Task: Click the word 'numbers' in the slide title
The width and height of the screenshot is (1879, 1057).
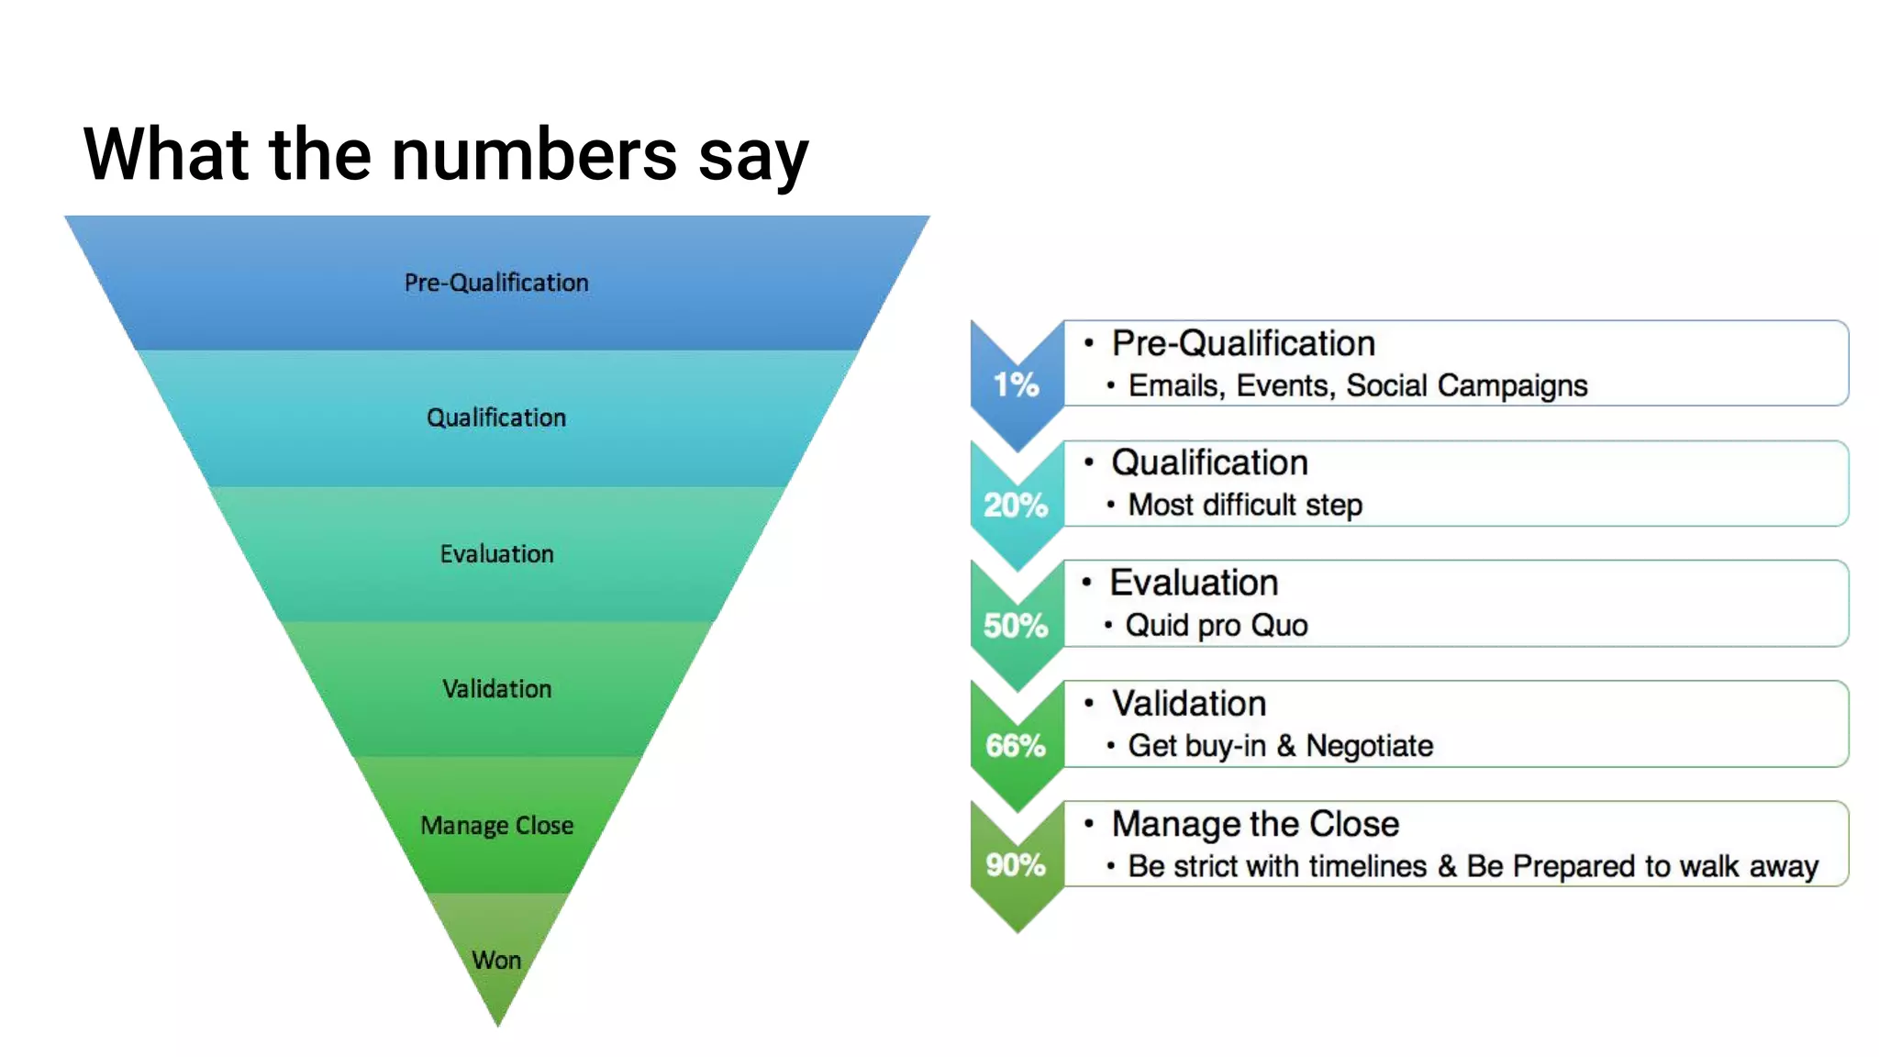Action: tap(534, 154)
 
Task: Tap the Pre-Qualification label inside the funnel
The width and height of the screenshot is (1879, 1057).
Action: tap(496, 283)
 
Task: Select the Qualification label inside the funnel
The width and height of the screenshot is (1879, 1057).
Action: tap(496, 417)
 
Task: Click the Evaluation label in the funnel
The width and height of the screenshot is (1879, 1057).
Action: tap(496, 554)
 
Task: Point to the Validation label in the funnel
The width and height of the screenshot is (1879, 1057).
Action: tap(496, 689)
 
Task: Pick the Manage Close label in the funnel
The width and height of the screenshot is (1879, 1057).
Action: tap(496, 825)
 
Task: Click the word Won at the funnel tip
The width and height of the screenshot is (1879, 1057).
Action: tap(496, 960)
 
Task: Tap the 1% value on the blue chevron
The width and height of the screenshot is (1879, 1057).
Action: tap(1016, 384)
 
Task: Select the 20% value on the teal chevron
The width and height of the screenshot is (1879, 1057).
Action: tap(1016, 505)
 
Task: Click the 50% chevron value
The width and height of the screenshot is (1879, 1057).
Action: tap(1016, 626)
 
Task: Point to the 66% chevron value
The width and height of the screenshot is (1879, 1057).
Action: tap(1016, 745)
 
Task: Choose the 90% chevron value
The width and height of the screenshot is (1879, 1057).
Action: tap(1016, 864)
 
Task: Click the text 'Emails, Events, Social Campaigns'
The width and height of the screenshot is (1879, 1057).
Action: tap(1358, 386)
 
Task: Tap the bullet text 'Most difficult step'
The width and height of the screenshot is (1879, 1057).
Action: tap(1245, 505)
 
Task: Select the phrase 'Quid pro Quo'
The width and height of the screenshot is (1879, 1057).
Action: tap(1217, 626)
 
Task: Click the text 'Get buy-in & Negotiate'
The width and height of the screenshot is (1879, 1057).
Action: tap(1280, 746)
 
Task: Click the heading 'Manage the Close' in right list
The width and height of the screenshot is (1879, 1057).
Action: tap(1255, 824)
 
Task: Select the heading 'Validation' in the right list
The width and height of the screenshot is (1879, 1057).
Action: tap(1189, 704)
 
